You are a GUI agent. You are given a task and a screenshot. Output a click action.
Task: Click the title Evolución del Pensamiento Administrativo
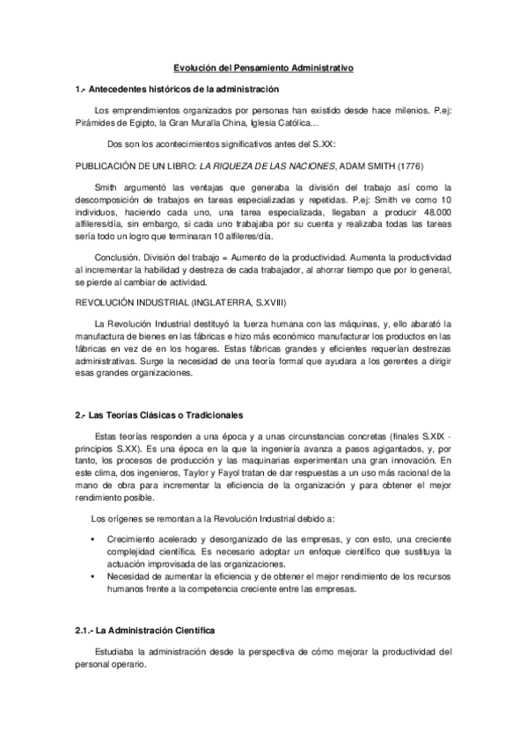263,66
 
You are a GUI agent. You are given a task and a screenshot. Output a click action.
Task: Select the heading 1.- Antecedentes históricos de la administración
177,89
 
